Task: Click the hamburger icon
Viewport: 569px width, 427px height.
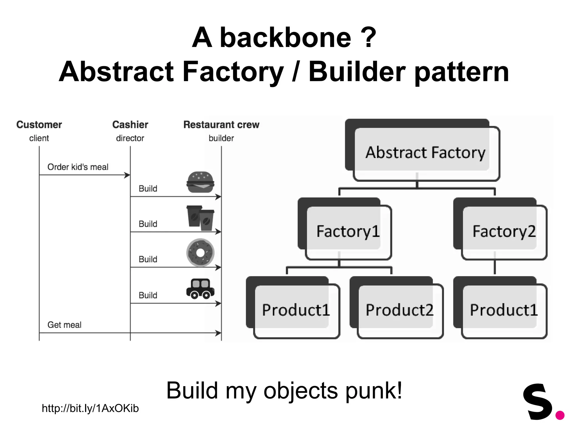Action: pos(200,182)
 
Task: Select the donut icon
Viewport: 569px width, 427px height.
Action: pos(200,253)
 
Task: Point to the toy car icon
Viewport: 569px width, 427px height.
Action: pos(200,289)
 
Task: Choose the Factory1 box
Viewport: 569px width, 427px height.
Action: pos(348,231)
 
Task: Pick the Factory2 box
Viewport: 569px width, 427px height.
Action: pos(504,231)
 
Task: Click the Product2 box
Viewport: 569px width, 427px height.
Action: pos(400,310)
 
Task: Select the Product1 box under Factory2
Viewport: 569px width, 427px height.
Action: pos(504,310)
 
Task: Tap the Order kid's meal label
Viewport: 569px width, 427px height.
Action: pos(78,167)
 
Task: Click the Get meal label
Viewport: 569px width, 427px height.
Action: pos(64,325)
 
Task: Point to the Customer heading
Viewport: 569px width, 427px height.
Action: pos(39,125)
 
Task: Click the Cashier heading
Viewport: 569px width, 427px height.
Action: pos(130,125)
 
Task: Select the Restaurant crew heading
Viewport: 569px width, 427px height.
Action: pos(221,125)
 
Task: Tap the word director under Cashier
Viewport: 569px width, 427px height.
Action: pos(130,138)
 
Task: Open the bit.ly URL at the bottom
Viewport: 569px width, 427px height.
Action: pos(90,408)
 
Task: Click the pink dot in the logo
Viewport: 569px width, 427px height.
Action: pos(560,415)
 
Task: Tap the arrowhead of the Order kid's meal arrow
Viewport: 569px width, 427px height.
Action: pos(128,175)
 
